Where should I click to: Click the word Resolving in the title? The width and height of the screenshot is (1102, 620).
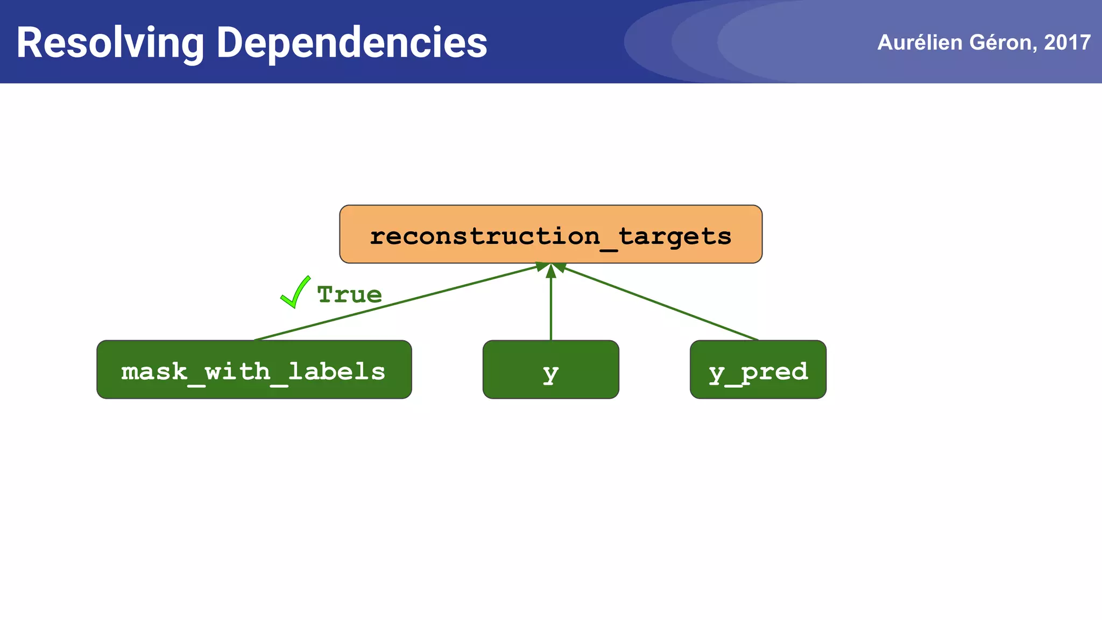pos(110,43)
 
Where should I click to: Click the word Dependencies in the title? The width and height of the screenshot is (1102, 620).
pos(351,43)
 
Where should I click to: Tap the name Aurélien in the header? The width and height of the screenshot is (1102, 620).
pos(920,43)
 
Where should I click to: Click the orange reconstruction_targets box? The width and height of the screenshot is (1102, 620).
pos(550,234)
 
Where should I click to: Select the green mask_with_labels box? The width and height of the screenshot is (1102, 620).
pos(254,370)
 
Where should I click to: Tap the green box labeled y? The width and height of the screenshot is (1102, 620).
pos(550,370)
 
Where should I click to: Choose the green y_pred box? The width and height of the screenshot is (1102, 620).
pos(758,370)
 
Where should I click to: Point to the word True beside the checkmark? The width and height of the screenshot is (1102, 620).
pos(350,295)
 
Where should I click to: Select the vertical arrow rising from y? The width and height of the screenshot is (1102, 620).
pos(550,307)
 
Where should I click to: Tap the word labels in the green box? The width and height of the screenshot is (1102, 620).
pos(337,371)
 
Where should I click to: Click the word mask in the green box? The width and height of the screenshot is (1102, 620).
pos(154,371)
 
